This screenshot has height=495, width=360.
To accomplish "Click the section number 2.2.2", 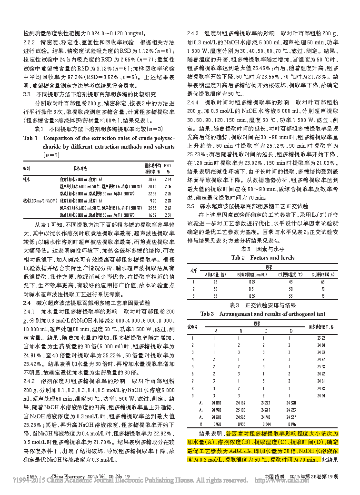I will pyautogui.click(x=30, y=42).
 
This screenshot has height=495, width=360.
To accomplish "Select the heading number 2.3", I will pyautogui.click(x=27, y=94).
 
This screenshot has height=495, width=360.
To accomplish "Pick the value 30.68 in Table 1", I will pyautogui.click(x=152, y=179).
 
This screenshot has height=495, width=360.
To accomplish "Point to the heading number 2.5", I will pyautogui.click(x=190, y=206).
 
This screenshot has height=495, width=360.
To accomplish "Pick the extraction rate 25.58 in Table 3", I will pyautogui.click(x=320, y=366).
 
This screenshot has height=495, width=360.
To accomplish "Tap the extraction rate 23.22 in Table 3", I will pyautogui.click(x=320, y=337).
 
